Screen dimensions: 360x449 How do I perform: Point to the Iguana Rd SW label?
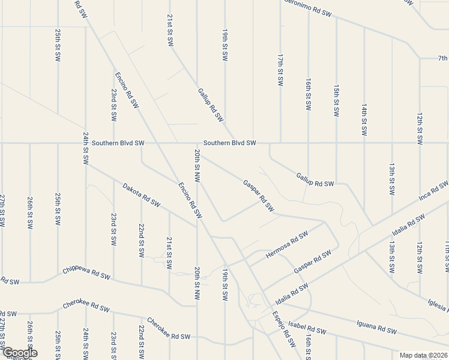(x=376, y=328)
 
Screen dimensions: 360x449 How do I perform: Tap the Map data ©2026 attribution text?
(x=423, y=355)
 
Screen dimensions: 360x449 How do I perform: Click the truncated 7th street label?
(x=442, y=58)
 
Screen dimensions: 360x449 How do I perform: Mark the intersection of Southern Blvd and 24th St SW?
(x=86, y=143)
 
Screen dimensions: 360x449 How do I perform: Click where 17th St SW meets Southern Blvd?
(x=280, y=143)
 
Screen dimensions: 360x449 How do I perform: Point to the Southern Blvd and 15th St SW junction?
(x=336, y=143)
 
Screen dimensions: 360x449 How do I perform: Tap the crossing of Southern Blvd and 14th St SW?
(x=364, y=143)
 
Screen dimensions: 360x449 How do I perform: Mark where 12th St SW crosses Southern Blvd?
(x=420, y=143)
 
